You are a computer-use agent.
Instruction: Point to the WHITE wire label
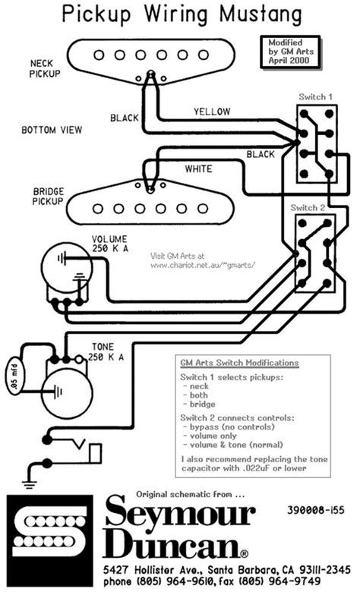point(198,168)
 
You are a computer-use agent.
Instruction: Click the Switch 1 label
point(314,97)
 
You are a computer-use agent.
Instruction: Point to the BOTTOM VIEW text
point(51,131)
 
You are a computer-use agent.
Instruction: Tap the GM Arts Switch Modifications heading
point(238,363)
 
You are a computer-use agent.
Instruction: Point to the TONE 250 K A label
point(106,351)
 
